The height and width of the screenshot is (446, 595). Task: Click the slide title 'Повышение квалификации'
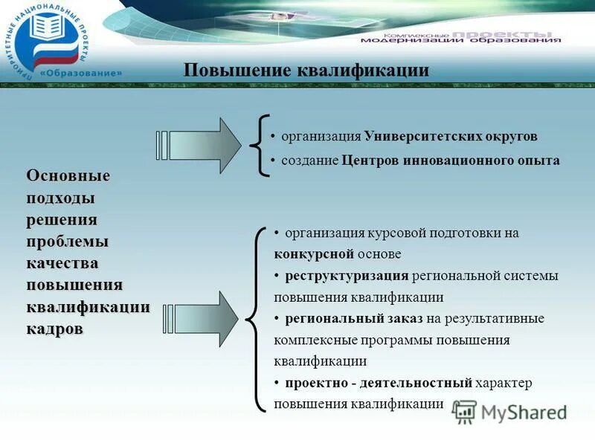[x=306, y=71]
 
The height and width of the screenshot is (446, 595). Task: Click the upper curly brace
[x=261, y=146]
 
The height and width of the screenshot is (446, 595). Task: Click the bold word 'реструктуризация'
[x=347, y=276]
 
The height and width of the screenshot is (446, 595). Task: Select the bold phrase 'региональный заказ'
[x=353, y=319]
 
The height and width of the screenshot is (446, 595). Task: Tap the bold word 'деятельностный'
[x=426, y=384]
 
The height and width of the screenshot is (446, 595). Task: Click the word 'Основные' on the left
[x=68, y=176]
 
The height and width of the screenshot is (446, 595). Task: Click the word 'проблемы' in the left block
[x=68, y=242]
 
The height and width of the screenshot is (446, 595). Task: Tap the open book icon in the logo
[x=47, y=30]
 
